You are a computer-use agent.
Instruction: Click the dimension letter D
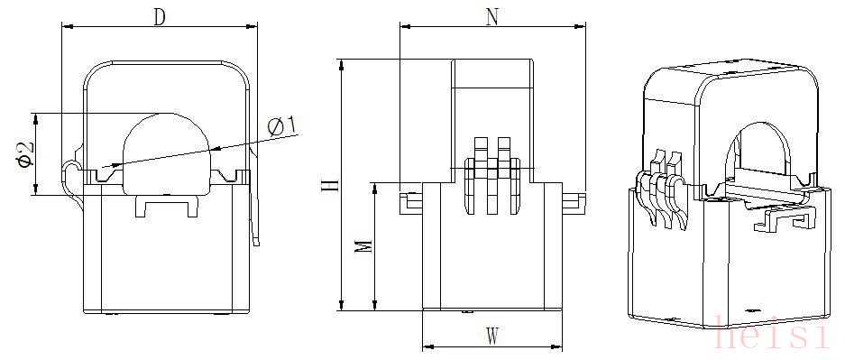(x=159, y=17)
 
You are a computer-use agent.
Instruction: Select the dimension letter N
(x=491, y=17)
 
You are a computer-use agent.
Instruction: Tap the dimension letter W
(x=491, y=337)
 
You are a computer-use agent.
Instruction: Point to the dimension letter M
(x=364, y=246)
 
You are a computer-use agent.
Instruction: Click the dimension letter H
(x=332, y=185)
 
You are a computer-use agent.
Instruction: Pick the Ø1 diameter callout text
(x=282, y=127)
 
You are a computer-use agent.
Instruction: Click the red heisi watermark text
(x=771, y=333)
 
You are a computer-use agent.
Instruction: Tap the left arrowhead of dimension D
(x=68, y=25)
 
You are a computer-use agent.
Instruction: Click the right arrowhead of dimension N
(x=580, y=25)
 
